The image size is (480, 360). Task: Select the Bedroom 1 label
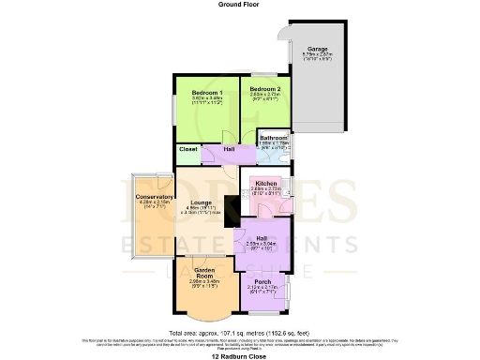point(206,93)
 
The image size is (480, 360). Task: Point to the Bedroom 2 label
point(264,87)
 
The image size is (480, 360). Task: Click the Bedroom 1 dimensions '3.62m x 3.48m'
point(206,99)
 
